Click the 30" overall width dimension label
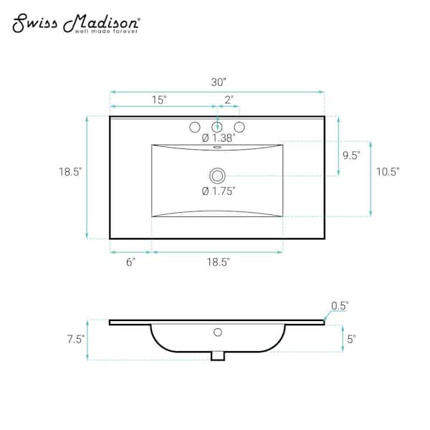pyautogui.click(x=219, y=82)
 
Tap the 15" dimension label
pyautogui.click(x=159, y=100)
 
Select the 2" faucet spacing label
pyautogui.click(x=229, y=100)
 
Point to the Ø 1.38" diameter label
pyautogui.click(x=219, y=138)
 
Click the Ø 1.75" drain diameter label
pyautogui.click(x=219, y=191)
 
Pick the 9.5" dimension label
pyautogui.click(x=351, y=156)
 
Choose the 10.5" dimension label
pyautogui.click(x=388, y=172)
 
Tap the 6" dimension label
pyautogui.click(x=131, y=262)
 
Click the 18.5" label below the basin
pyautogui.click(x=219, y=262)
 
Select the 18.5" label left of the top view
pyautogui.click(x=70, y=172)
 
